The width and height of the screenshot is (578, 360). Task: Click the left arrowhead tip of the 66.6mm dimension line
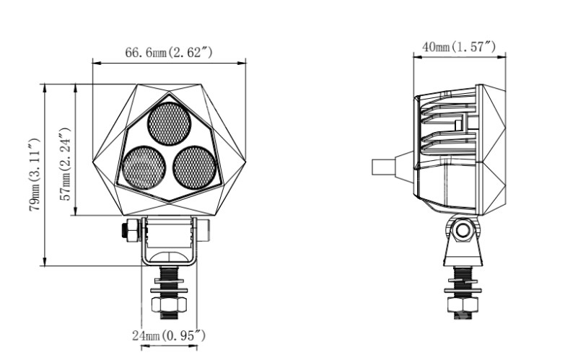tap(93, 63)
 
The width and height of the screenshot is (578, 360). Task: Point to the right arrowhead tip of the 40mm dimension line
tap(506, 56)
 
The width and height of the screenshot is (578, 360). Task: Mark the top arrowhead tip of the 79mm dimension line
tap(45, 84)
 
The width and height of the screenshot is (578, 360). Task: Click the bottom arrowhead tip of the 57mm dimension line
tap(75, 215)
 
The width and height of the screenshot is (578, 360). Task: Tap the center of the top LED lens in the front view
tap(169, 123)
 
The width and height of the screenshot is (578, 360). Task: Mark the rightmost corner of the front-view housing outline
tap(246, 160)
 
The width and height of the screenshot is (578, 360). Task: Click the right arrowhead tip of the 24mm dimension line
tap(197, 346)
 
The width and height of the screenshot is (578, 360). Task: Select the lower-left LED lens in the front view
tap(144, 168)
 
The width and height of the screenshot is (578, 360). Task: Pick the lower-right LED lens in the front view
tap(194, 168)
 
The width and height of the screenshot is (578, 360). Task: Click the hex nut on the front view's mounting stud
tap(169, 304)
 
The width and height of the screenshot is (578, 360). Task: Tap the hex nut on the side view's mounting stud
tap(463, 304)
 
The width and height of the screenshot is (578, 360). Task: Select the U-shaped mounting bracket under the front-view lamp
tap(169, 241)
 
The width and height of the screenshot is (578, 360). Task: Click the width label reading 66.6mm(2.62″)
tap(169, 53)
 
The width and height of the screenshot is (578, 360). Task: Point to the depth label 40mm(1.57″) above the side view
tap(459, 47)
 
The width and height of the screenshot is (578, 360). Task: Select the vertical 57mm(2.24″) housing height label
tap(65, 164)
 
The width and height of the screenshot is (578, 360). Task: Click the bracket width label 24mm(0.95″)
tap(169, 335)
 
